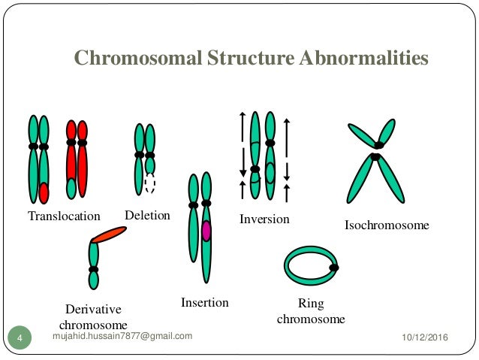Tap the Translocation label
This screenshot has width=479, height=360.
tap(64, 216)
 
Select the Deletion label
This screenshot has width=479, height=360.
tap(147, 216)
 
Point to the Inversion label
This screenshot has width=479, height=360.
tap(264, 219)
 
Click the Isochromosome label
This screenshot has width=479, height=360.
tap(387, 225)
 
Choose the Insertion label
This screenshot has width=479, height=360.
tap(204, 303)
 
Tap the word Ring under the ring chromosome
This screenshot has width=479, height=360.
tap(310, 304)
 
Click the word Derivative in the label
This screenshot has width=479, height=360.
tap(93, 309)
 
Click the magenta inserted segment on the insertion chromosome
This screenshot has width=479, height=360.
tap(206, 231)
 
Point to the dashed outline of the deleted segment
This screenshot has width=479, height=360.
tap(150, 184)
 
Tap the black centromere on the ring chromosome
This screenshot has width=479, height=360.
tap(333, 266)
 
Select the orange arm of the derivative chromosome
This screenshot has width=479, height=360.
tap(109, 235)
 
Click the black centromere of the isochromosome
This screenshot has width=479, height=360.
tap(376, 150)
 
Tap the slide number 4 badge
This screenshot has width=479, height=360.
tap(20, 339)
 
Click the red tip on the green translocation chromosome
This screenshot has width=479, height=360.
tap(44, 192)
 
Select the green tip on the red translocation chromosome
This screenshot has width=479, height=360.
tap(71, 188)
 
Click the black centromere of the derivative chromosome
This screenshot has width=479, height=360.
tap(94, 269)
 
